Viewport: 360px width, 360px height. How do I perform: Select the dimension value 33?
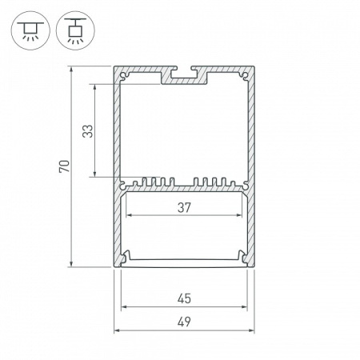click(x=89, y=130)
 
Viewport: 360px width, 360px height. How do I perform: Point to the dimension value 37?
click(x=183, y=207)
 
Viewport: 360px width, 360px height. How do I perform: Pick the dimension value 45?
click(x=183, y=299)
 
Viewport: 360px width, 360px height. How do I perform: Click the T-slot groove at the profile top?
click(x=183, y=78)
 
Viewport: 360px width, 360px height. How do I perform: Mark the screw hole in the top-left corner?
click(x=126, y=77)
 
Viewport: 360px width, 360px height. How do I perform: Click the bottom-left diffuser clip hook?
click(x=126, y=257)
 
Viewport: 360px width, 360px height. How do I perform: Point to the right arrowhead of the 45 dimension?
click(x=244, y=308)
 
